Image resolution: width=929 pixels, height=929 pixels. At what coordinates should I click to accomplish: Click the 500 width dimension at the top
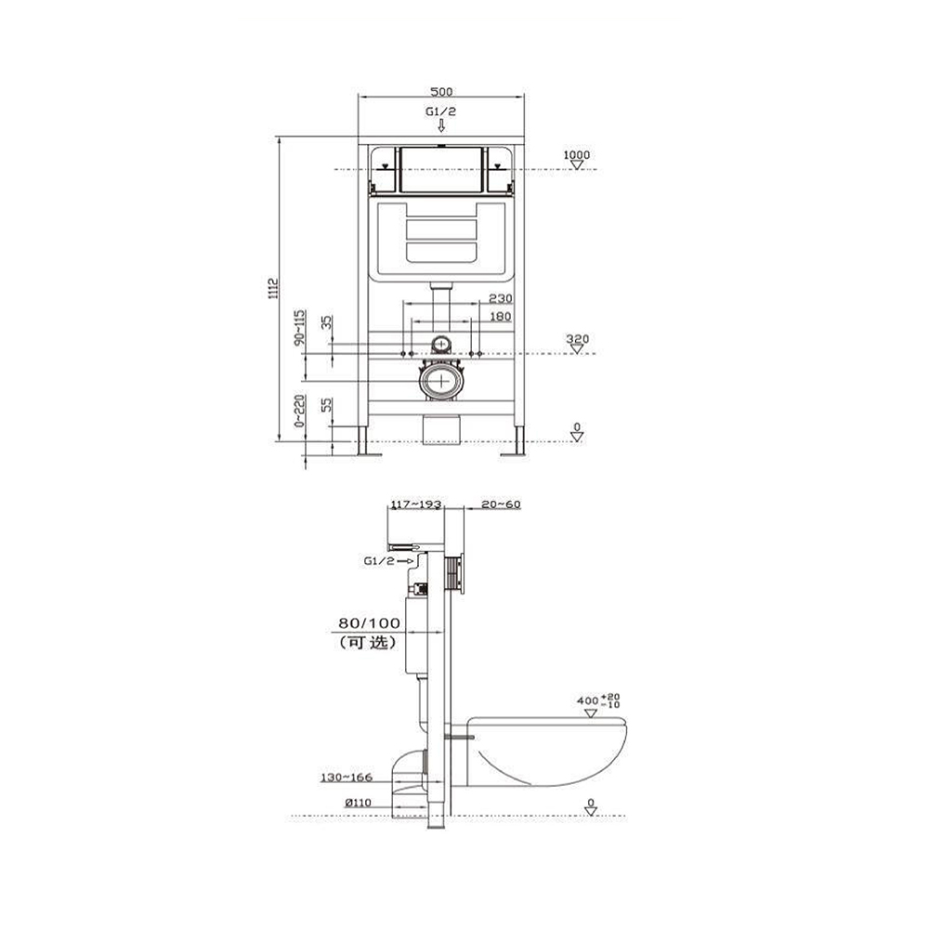(441, 92)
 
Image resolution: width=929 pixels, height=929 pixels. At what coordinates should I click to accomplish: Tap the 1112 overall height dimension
(273, 288)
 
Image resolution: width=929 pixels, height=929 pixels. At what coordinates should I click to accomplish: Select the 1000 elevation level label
(577, 155)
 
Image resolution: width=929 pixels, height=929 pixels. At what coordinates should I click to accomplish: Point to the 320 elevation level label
(578, 339)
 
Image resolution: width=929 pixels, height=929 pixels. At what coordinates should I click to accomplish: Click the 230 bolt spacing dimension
(501, 298)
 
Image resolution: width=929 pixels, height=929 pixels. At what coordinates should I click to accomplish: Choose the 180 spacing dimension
(501, 317)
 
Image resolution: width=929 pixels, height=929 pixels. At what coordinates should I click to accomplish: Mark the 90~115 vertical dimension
(300, 327)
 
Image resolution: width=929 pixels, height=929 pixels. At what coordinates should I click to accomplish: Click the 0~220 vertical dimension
(300, 411)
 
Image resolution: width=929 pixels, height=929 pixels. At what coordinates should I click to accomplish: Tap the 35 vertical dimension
(327, 323)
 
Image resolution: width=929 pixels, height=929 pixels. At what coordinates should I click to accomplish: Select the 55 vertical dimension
(327, 405)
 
